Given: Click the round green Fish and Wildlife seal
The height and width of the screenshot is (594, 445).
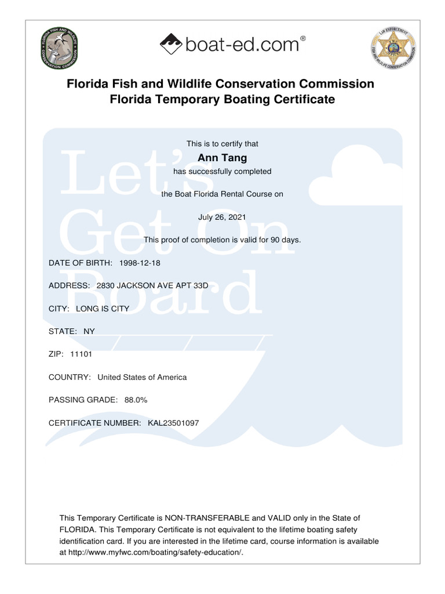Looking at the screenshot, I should pyautogui.click(x=59, y=48).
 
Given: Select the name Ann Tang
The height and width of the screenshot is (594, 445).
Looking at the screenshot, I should pyautogui.click(x=222, y=158).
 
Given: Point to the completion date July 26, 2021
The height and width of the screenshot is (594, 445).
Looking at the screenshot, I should pyautogui.click(x=222, y=217).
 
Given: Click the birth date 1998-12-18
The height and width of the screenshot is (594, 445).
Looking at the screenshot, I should pyautogui.click(x=140, y=263).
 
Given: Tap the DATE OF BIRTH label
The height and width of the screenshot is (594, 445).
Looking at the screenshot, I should pyautogui.click(x=81, y=263).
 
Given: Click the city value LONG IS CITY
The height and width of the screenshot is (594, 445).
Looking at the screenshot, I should pyautogui.click(x=103, y=309).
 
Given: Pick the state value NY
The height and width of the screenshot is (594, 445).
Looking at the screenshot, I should pyautogui.click(x=89, y=331).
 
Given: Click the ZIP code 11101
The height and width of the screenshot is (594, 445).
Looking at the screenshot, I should pyautogui.click(x=81, y=354).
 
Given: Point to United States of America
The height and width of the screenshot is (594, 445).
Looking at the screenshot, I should pyautogui.click(x=142, y=377).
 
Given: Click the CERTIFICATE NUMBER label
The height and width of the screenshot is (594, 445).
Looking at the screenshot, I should pyautogui.click(x=95, y=423).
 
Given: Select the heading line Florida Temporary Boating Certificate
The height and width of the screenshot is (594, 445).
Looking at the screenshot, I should pyautogui.click(x=222, y=100).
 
